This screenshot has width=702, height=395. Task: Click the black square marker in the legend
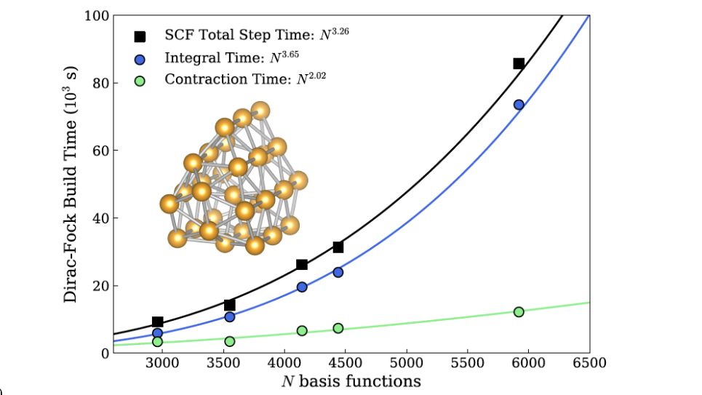tap(140, 36)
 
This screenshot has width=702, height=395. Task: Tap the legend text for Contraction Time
tap(244, 79)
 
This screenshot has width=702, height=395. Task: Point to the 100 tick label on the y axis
tap(97, 16)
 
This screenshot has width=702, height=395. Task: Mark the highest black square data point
tap(519, 63)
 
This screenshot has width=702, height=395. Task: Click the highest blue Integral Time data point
tap(519, 105)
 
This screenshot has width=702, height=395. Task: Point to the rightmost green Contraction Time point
tap(519, 311)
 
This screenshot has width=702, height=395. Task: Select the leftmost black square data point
tap(157, 322)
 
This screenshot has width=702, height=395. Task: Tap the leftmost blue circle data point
tap(157, 333)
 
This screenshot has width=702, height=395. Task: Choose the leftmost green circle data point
tap(157, 341)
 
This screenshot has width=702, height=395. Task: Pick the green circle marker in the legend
tap(140, 79)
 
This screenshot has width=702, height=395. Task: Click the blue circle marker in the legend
tap(140, 58)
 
